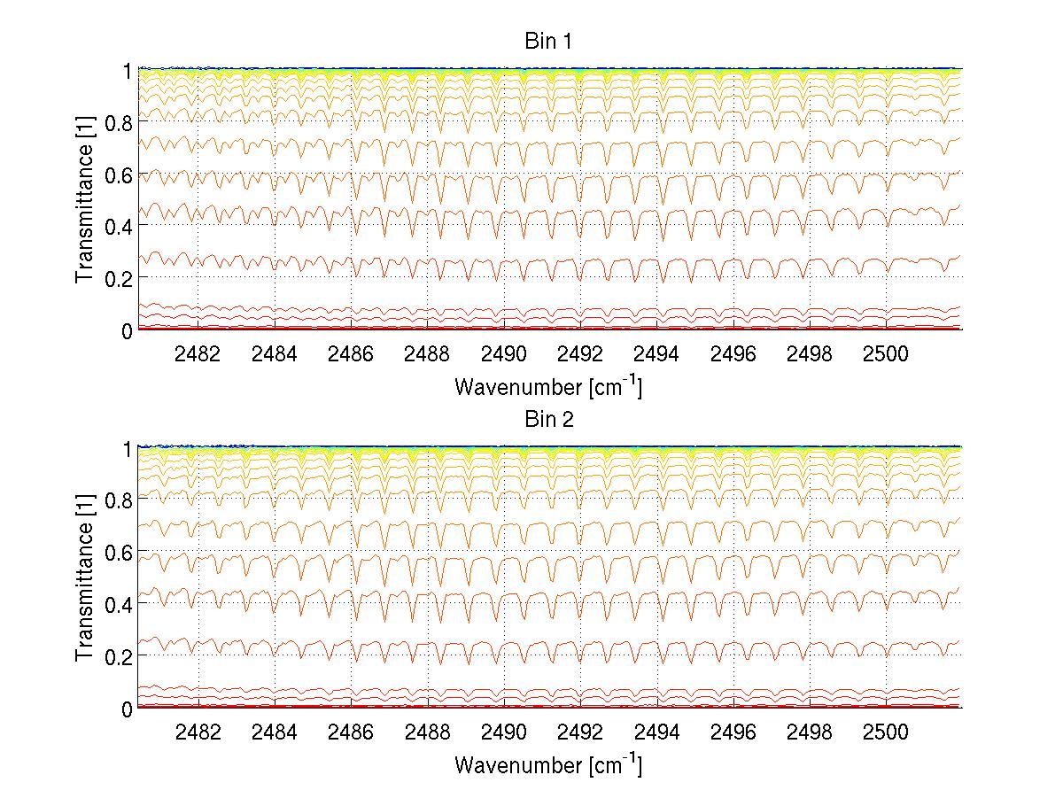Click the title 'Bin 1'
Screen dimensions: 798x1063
548,42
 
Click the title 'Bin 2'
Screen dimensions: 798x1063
548,420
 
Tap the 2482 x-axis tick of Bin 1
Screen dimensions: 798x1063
198,354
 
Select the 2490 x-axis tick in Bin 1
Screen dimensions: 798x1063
504,354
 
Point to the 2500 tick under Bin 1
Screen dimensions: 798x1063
886,354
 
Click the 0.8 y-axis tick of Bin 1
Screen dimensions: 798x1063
117,121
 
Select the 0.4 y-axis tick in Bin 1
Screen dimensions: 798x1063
117,226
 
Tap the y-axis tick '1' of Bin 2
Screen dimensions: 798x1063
127,448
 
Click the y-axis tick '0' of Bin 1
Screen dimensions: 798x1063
127,330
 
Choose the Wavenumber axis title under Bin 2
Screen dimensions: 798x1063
548,764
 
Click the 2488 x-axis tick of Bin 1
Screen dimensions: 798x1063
427,354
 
